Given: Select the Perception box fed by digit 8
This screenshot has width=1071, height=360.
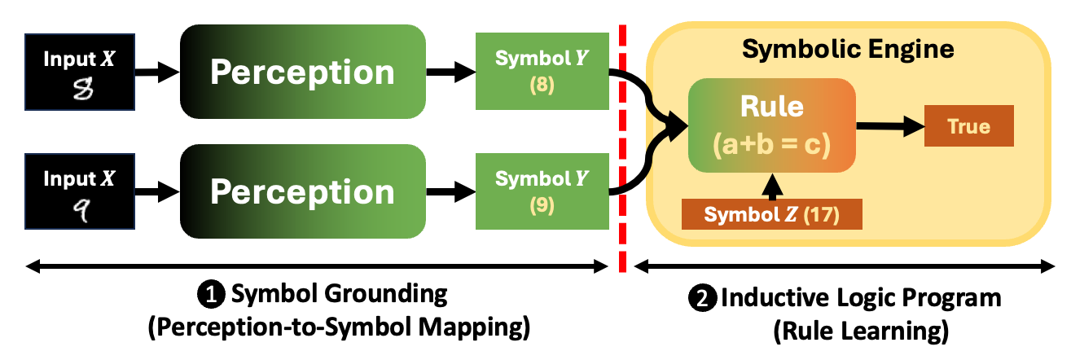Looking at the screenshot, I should (302, 72).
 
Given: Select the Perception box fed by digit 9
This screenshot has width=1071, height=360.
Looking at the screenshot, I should (302, 192).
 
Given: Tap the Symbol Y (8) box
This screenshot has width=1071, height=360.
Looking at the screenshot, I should (542, 72).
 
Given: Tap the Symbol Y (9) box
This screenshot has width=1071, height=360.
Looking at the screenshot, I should (542, 192).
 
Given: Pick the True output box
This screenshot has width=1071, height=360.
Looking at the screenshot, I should (968, 127).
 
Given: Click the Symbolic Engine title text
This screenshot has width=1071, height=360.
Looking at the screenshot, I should (848, 50).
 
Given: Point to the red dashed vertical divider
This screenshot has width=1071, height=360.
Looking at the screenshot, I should (623, 147).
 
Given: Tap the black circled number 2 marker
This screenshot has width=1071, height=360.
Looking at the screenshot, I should (700, 299).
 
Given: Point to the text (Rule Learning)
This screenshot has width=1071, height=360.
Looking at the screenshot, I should (841, 331).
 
